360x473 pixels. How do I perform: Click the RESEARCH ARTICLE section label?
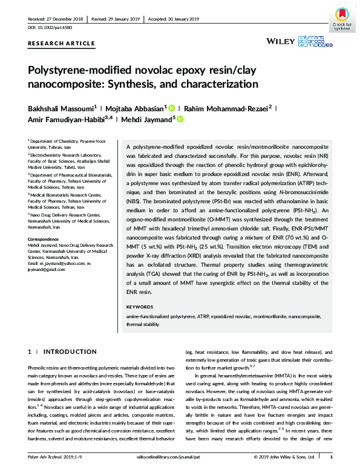(x=62, y=43)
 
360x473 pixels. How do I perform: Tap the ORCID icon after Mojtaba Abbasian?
(x=172, y=107)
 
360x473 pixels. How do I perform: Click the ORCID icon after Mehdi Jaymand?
(x=180, y=119)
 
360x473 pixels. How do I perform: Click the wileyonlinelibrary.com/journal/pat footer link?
(x=180, y=465)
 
